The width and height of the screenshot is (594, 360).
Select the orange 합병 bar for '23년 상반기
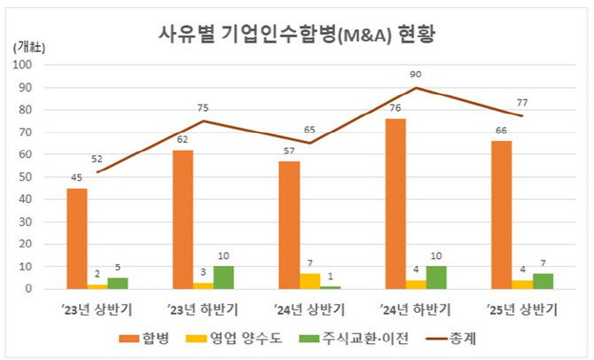tap(77, 238)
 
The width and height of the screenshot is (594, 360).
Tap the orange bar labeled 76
tap(396, 203)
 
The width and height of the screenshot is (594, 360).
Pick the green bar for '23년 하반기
tap(224, 277)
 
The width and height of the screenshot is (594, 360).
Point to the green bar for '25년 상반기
tap(543, 280)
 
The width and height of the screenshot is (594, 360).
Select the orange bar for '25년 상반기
tap(503, 215)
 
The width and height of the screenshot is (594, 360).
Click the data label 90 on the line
tap(417, 74)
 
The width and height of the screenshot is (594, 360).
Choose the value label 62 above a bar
tap(183, 139)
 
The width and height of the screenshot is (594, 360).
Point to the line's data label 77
tap(523, 101)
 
